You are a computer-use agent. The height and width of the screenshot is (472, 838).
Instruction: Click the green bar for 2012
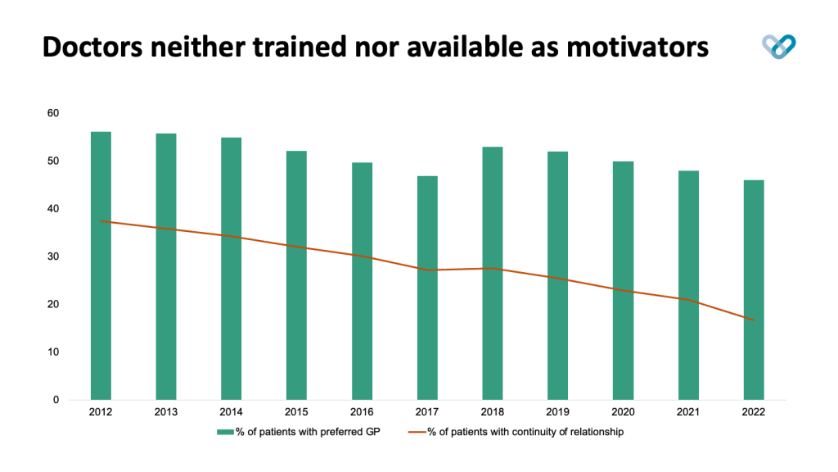(101, 265)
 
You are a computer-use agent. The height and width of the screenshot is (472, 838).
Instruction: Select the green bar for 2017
(427, 288)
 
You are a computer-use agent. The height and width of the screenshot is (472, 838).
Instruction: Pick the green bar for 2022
(753, 289)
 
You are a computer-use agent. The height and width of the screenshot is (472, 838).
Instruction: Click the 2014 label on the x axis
(232, 412)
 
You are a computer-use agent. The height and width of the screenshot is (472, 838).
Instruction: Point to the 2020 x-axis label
(623, 412)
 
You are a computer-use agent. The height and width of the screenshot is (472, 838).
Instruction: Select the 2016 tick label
(362, 412)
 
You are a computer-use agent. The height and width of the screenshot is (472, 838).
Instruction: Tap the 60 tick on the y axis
(53, 113)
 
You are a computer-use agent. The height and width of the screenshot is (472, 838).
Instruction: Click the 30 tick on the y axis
(53, 256)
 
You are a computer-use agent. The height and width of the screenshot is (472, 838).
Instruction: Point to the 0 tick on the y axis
(56, 400)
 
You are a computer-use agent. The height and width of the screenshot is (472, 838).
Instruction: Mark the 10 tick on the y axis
(53, 352)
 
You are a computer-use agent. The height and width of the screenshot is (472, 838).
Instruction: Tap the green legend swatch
(225, 432)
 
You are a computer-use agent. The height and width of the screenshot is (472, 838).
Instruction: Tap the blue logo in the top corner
(778, 47)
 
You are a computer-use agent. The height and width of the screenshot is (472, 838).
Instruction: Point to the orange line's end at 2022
(753, 320)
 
